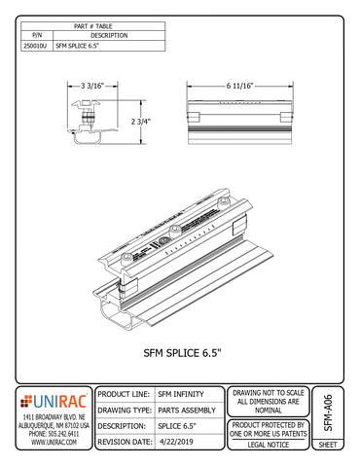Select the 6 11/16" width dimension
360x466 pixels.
coord(238,85)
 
